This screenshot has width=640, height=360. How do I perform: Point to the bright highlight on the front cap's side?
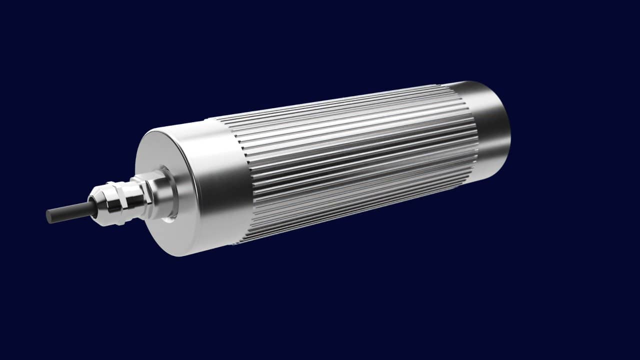click(210, 165)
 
